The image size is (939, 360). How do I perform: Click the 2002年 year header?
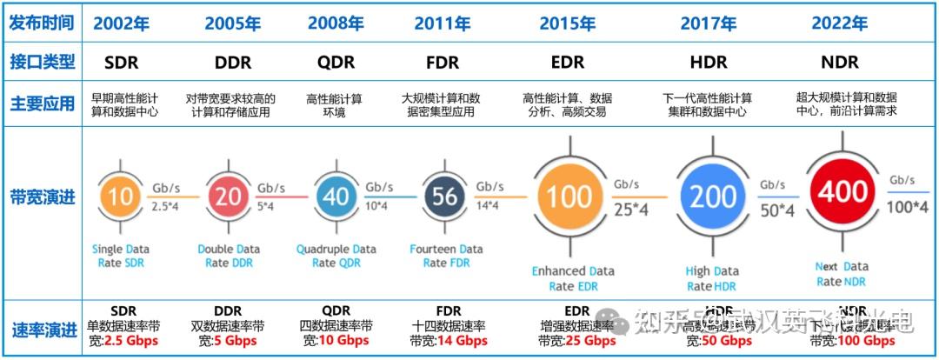[124, 23]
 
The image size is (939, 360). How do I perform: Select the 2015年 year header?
[568, 23]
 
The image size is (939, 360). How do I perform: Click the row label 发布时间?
[42, 23]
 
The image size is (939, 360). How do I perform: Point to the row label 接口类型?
[42, 63]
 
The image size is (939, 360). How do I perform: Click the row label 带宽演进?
[42, 197]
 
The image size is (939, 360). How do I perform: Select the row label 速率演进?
[42, 330]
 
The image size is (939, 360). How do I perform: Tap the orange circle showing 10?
[121, 196]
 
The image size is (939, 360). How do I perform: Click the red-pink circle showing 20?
[227, 196]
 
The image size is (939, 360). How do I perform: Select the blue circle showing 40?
[336, 196]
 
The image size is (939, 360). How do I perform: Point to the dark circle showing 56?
[444, 196]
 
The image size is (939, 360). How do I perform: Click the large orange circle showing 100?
[569, 197]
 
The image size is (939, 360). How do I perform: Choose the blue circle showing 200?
[713, 197]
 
